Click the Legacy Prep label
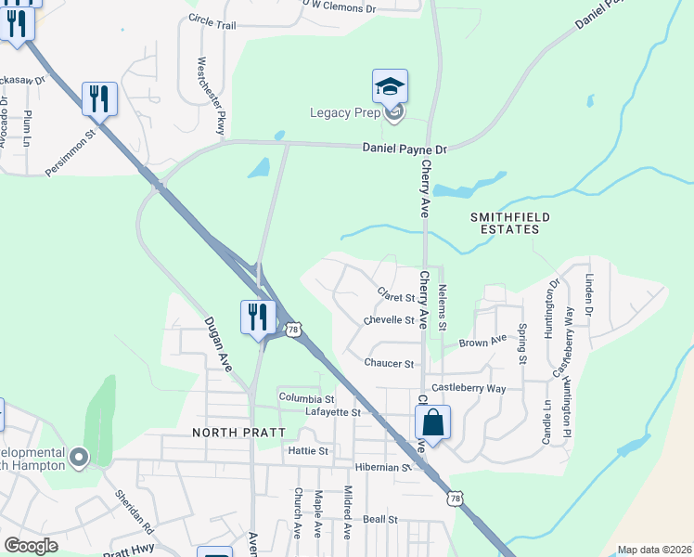(346, 114)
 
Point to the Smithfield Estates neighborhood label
(505, 222)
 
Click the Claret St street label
(396, 297)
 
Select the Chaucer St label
(390, 364)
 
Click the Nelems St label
(443, 308)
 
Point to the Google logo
(31, 546)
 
